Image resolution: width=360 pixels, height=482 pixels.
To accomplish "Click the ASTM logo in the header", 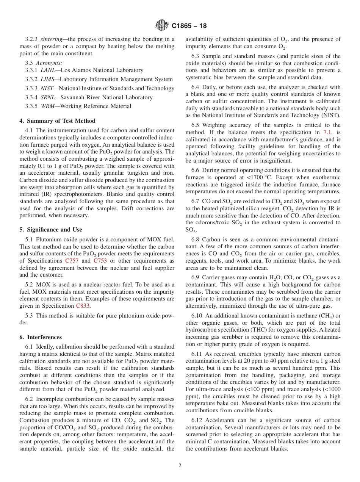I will tap(162, 26).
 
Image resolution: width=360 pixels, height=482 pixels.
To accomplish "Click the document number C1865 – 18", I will tap(189, 26).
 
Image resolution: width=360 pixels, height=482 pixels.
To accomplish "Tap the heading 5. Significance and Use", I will tap(51, 230).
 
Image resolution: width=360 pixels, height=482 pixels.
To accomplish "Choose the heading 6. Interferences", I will tap(41, 337).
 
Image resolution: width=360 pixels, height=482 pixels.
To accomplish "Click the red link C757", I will tap(72, 261).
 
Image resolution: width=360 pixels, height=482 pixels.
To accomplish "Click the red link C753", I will tap(100, 261).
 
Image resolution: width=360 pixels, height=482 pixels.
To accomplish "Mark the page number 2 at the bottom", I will tap(180, 466).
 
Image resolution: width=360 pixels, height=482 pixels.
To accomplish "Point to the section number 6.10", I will tap(198, 316).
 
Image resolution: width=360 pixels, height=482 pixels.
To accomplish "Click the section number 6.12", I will tap(198, 420).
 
